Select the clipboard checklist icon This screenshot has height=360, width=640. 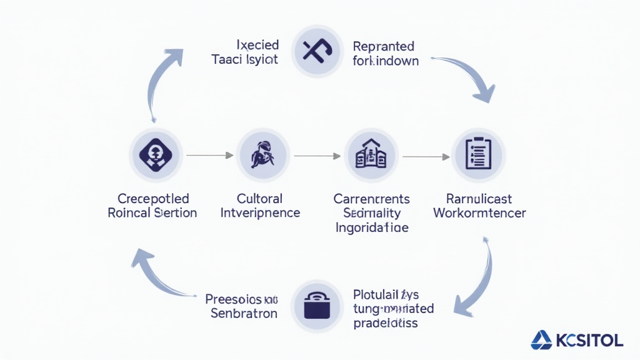tap(479, 154)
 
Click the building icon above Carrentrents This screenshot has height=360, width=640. tap(371, 154)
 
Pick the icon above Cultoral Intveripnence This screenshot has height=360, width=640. tap(262, 154)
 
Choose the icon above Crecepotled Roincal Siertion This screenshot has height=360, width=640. tap(156, 154)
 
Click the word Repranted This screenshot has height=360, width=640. tap(383, 47)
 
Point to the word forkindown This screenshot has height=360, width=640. tap(386, 61)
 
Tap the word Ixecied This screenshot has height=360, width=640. tap(257, 45)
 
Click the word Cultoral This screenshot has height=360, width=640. tap(259, 199)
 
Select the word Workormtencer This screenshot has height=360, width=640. tap(479, 213)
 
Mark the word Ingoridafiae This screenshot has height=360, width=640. tap(372, 227)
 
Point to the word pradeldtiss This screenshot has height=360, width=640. tap(386, 323)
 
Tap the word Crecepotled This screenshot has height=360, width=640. tap(153, 199)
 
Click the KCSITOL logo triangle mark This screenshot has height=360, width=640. tap(541, 340)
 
